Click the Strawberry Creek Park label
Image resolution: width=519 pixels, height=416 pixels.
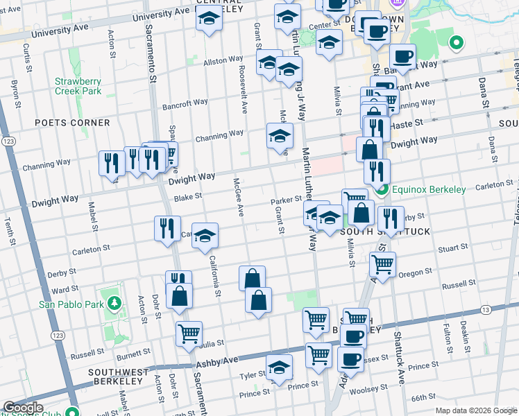78,86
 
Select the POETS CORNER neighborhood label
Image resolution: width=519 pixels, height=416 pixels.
72,123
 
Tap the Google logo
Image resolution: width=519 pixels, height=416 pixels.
22,408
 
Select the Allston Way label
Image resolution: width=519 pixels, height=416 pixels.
222,62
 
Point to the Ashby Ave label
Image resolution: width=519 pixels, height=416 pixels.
217,362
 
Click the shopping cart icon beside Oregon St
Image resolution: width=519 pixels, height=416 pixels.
383,263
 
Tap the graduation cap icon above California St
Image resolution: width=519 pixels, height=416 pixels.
205,236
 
